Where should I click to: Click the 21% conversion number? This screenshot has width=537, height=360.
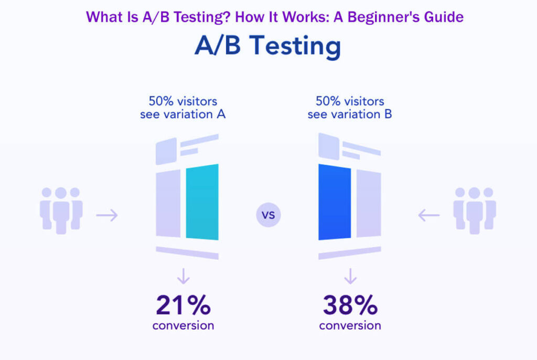click(183, 304)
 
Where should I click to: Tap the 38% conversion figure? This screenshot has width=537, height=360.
click(350, 304)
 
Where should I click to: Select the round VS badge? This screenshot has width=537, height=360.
click(268, 215)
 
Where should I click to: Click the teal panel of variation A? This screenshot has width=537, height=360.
click(202, 202)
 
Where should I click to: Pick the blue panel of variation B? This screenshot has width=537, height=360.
click(335, 202)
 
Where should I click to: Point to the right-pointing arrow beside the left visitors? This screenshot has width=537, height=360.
click(107, 215)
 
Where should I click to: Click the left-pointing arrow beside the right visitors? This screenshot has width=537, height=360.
click(429, 215)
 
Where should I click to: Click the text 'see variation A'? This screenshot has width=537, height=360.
click(183, 114)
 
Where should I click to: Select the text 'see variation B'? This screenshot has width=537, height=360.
click(350, 114)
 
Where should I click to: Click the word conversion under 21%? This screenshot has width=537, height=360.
click(183, 325)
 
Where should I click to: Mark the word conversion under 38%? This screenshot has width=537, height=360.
click(350, 325)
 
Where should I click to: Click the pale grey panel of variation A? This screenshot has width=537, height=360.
click(168, 202)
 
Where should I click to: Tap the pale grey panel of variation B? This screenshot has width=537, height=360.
click(369, 202)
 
